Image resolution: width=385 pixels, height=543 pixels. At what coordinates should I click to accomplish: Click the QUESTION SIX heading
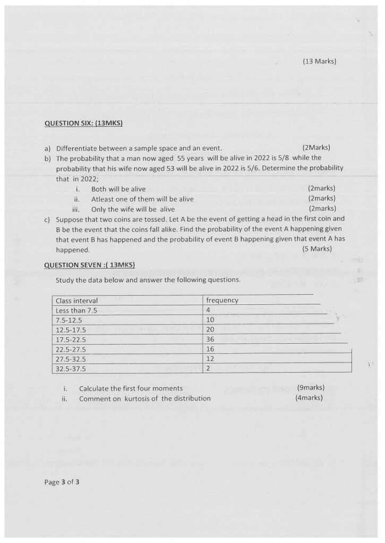pyautogui.click(x=83, y=124)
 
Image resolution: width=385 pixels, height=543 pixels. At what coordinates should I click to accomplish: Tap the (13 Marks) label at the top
pyautogui.click(x=320, y=62)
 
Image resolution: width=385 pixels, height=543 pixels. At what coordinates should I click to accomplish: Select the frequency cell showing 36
pyautogui.click(x=210, y=339)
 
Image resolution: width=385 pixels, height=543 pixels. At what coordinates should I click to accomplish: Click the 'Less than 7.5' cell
pyautogui.click(x=76, y=310)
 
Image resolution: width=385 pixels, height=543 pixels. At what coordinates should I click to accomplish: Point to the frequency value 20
pyautogui.click(x=210, y=329)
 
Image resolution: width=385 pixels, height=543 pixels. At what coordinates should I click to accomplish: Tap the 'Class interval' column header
pyautogui.click(x=76, y=301)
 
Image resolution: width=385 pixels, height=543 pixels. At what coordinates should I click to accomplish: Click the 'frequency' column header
pyautogui.click(x=222, y=301)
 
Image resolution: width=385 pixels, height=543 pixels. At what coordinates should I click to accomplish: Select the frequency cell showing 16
pyautogui.click(x=210, y=348)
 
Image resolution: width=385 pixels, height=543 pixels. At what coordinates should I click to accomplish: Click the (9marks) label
pyautogui.click(x=311, y=388)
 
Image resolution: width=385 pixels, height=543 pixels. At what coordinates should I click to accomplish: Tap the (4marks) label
pyautogui.click(x=309, y=398)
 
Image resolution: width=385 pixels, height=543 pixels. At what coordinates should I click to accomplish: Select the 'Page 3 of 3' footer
pyautogui.click(x=62, y=483)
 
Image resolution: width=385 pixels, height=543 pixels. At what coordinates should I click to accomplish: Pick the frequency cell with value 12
pyautogui.click(x=210, y=358)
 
